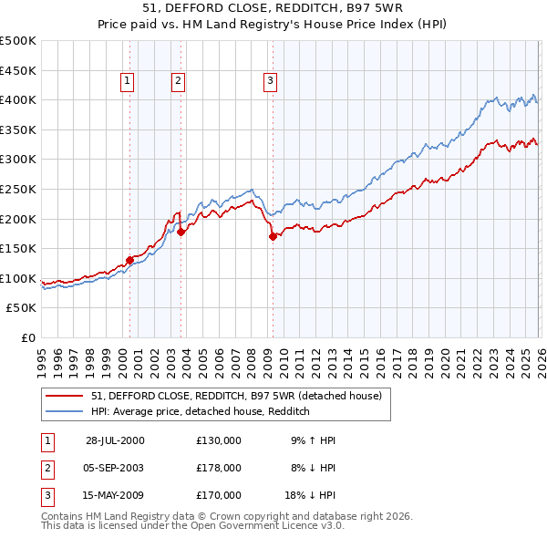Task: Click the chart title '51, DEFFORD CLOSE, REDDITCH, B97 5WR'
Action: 273,10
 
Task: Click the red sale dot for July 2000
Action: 129,260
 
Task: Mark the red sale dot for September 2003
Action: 181,232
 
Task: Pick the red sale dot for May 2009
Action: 273,236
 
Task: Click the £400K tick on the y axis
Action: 18,99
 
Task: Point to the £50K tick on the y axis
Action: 21,308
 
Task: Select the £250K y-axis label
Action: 18,189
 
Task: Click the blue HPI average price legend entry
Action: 201,411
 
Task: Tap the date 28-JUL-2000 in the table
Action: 115,440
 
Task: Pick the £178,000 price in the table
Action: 219,468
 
